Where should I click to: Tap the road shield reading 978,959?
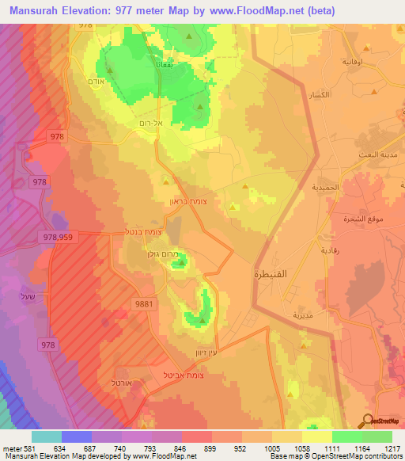(62, 236)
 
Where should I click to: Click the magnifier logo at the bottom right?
(368, 421)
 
